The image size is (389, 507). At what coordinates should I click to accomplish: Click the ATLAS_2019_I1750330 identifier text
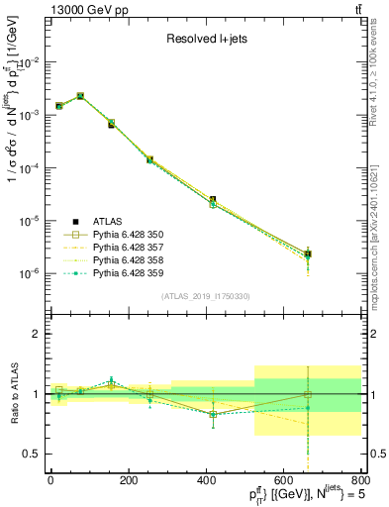tap(205, 296)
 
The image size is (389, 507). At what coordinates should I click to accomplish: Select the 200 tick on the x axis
tap(128, 480)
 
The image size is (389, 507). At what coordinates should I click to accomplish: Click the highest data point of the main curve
tap(80, 96)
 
